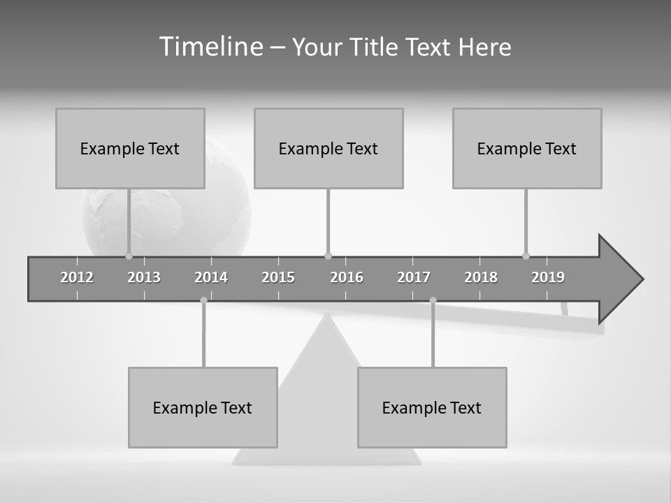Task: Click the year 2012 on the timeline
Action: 77,277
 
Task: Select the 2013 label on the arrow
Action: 144,277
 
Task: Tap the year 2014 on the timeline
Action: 211,277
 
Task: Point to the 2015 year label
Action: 278,277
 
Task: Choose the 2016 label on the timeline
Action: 347,277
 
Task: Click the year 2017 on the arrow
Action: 414,277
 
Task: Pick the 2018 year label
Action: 481,277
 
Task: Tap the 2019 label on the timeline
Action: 548,277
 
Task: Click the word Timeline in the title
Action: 210,47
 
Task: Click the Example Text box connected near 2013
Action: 130,148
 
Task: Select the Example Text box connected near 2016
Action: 329,148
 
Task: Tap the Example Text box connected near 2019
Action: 527,148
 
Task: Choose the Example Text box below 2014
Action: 203,407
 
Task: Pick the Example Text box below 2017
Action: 432,407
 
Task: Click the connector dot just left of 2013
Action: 129,256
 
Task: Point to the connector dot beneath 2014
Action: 203,300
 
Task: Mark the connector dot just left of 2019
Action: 526,256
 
